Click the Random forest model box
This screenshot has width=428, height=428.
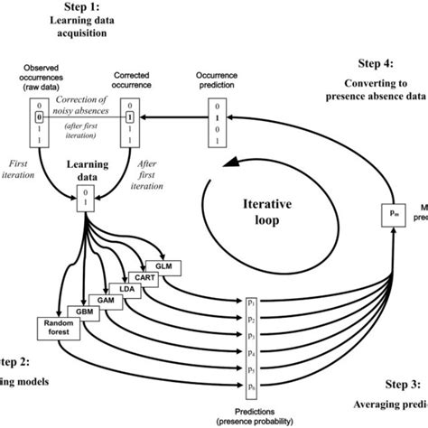(57, 327)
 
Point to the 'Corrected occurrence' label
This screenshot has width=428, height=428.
(132, 81)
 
